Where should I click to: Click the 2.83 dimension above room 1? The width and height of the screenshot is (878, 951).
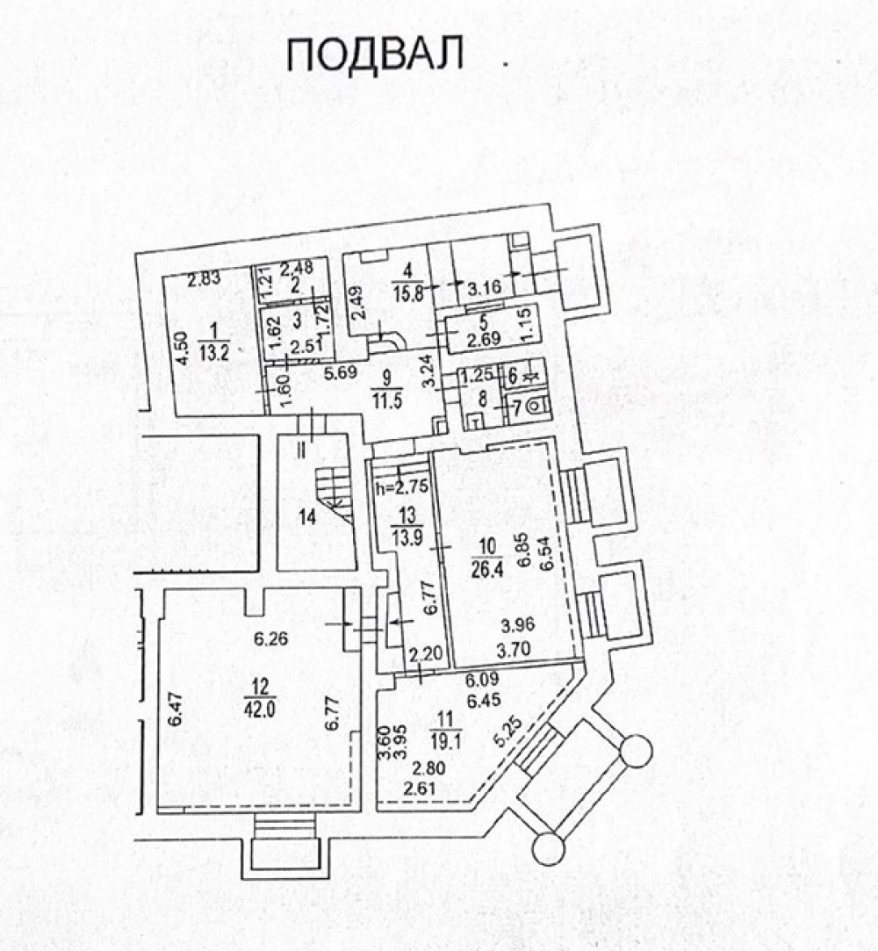coord(202,280)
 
